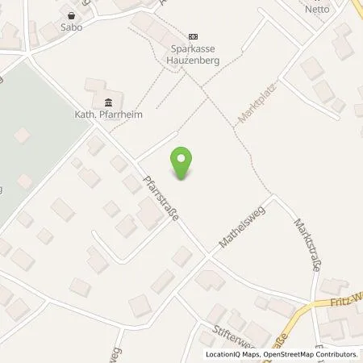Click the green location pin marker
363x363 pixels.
(183, 162)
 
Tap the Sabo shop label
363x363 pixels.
(71, 26)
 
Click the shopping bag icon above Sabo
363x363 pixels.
(71, 15)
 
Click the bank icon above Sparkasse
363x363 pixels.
(193, 36)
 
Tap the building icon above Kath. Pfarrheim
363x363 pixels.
(107, 101)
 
